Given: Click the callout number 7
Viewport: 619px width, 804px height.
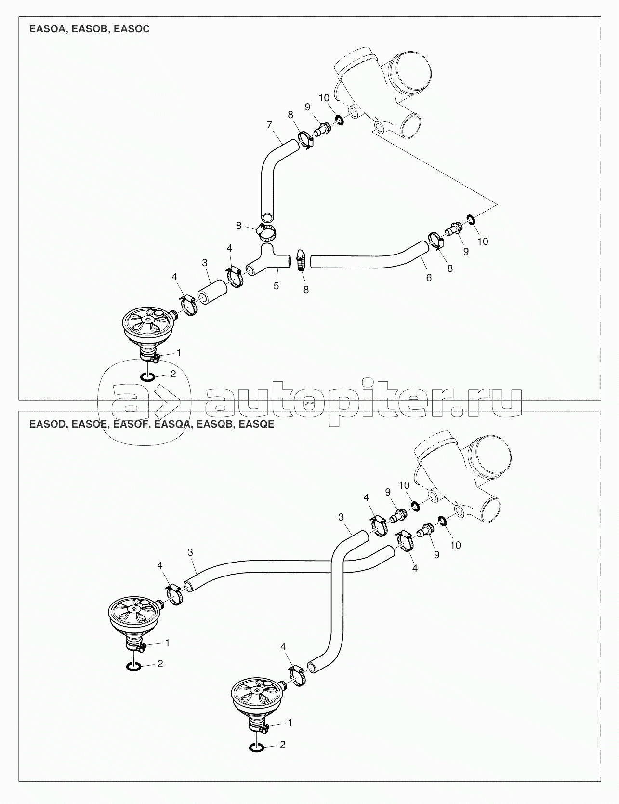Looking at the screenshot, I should coord(269,125).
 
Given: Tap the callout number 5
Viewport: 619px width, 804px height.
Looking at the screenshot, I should coord(276,285).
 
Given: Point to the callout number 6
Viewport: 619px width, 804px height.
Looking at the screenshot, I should coord(429,278).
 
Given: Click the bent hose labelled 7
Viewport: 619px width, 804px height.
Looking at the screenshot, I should coord(272,174).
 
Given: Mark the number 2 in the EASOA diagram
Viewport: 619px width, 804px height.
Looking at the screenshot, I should coord(173,374).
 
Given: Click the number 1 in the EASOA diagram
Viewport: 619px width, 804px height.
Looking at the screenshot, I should coord(179,353).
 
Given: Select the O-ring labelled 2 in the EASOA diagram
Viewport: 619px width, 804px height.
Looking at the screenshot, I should coord(147,376).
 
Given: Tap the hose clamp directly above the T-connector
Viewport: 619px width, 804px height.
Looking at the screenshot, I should coord(266,232).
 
